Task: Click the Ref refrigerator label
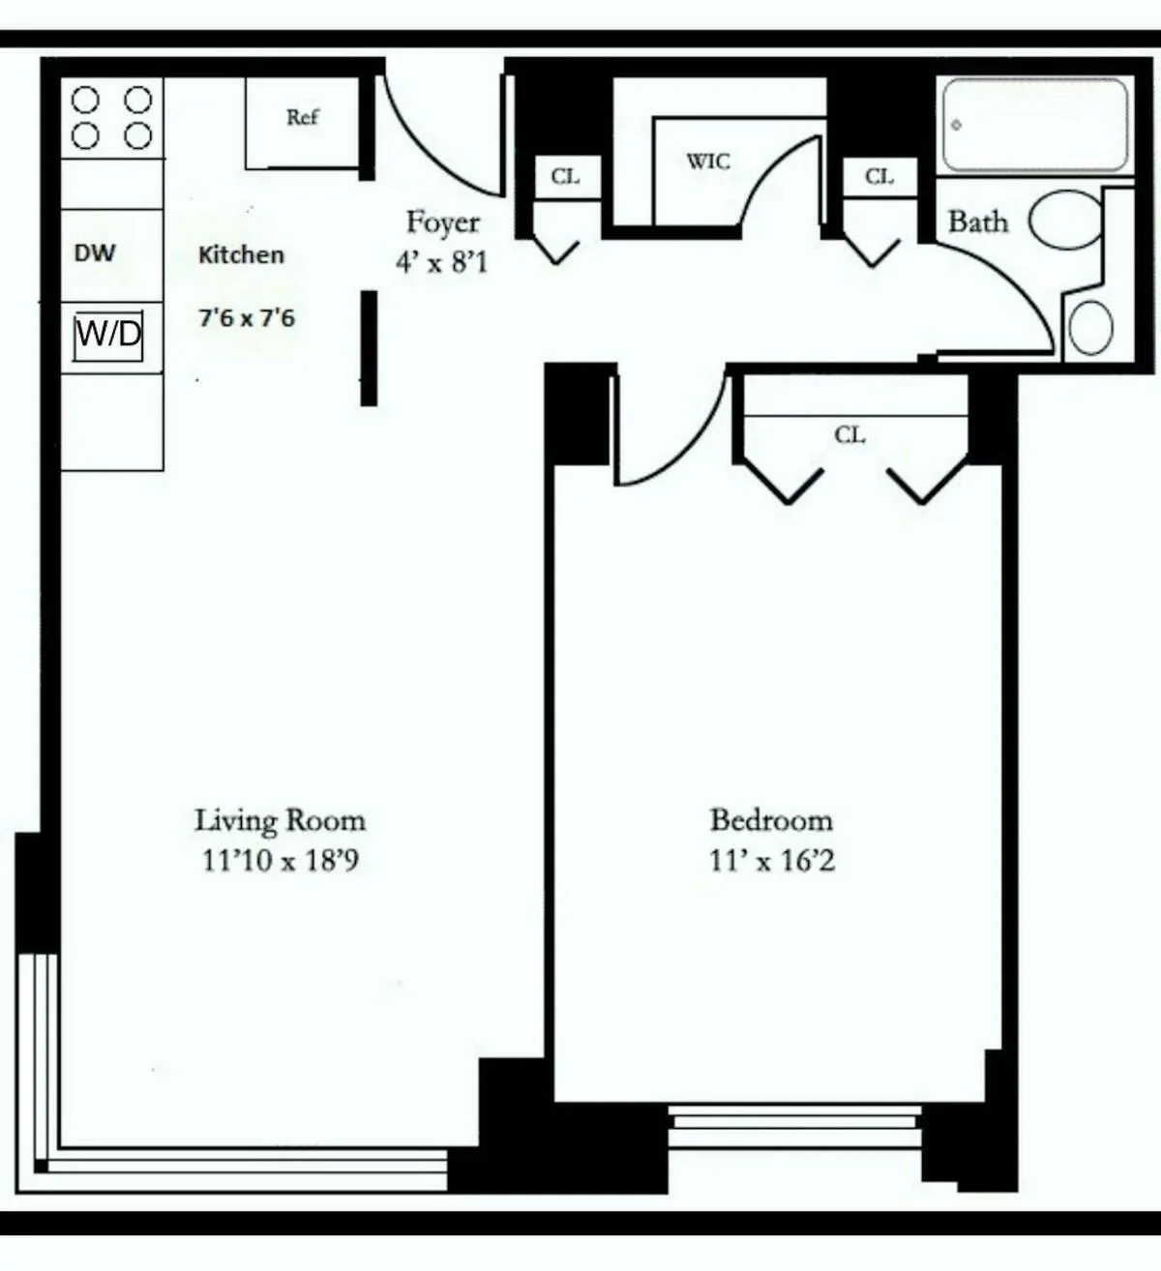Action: [302, 117]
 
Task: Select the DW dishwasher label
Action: [94, 253]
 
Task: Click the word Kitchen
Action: [241, 255]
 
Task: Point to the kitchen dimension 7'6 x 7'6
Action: [247, 317]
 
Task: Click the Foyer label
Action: [442, 222]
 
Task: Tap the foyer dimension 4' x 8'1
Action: [441, 261]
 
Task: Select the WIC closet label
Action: [708, 162]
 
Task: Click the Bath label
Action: [977, 222]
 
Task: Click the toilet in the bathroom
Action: [1064, 220]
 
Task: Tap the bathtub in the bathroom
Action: [1034, 125]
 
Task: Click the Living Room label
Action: [281, 821]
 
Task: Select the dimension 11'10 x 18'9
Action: [281, 860]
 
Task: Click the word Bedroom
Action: [771, 820]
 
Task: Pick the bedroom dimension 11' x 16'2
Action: [771, 860]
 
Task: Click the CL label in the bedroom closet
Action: [849, 435]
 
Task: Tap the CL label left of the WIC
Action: [565, 177]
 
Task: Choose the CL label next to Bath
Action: [878, 177]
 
